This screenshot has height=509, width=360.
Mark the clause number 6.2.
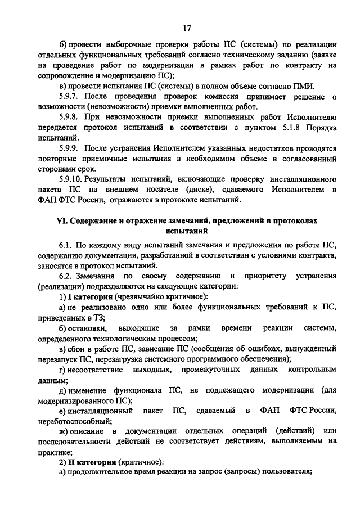click(x=67, y=276)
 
